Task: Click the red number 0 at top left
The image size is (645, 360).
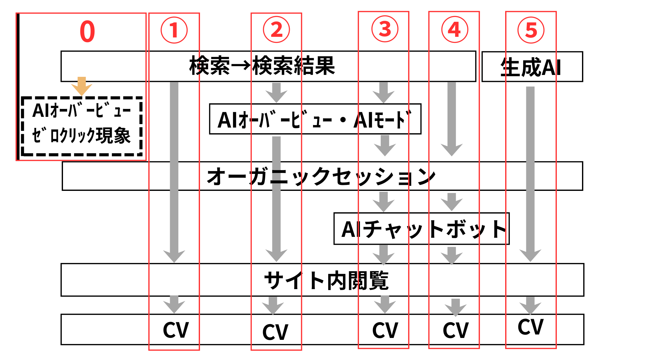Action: (x=87, y=31)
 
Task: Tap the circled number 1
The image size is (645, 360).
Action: (x=174, y=30)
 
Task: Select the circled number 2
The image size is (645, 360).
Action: (x=276, y=30)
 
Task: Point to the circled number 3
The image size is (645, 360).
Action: (x=385, y=29)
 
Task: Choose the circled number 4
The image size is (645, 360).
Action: (x=454, y=30)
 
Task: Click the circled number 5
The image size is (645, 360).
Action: (x=531, y=30)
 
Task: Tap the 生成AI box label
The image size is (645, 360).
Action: (x=531, y=67)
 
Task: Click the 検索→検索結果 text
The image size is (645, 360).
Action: (x=262, y=66)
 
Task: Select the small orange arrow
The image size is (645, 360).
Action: (x=82, y=86)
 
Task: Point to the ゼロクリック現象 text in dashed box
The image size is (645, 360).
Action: (x=81, y=136)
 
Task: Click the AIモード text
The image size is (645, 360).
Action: (x=382, y=120)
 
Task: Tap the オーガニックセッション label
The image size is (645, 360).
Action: (x=321, y=176)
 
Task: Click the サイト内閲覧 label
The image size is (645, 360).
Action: (x=326, y=280)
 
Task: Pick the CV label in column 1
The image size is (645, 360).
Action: (x=176, y=330)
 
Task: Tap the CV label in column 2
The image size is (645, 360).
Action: (x=275, y=332)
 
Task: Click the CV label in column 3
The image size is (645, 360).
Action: (x=385, y=330)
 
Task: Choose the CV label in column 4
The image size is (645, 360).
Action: (x=455, y=330)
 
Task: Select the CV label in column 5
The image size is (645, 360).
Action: (x=531, y=327)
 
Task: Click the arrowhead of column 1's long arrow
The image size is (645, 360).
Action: (x=174, y=256)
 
